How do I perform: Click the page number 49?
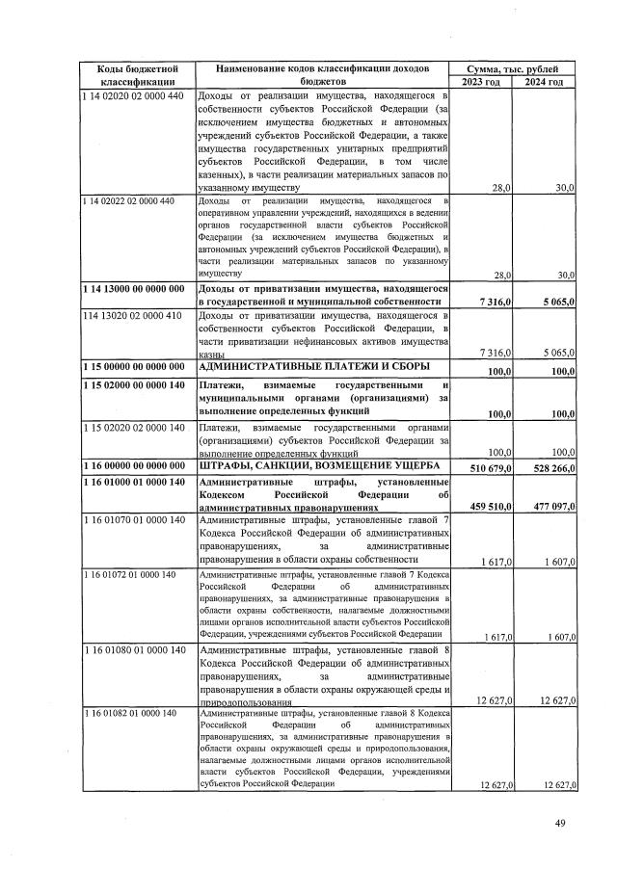(560, 822)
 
